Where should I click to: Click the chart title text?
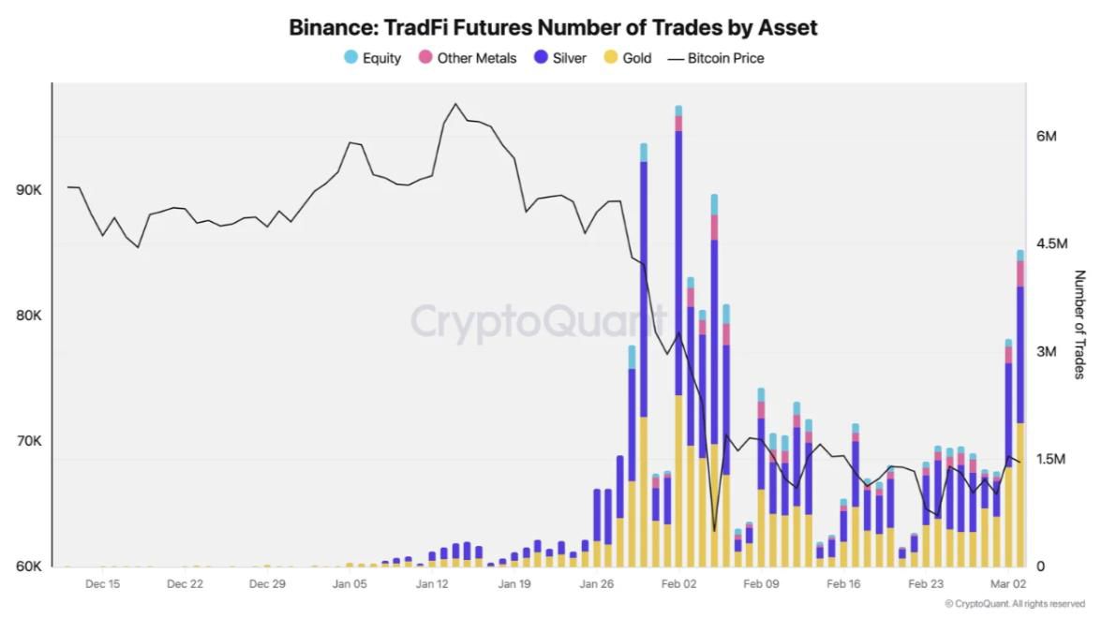(553, 27)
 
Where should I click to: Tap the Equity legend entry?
(373, 58)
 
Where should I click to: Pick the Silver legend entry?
(560, 58)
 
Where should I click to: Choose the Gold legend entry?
(628, 58)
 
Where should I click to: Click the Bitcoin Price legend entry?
(716, 58)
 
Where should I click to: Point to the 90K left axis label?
(29, 190)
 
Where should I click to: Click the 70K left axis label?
(29, 441)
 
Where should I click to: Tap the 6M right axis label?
(1047, 137)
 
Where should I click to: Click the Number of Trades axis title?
(1079, 324)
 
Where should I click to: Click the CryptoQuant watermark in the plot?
(539, 321)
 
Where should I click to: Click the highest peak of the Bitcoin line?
(455, 104)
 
